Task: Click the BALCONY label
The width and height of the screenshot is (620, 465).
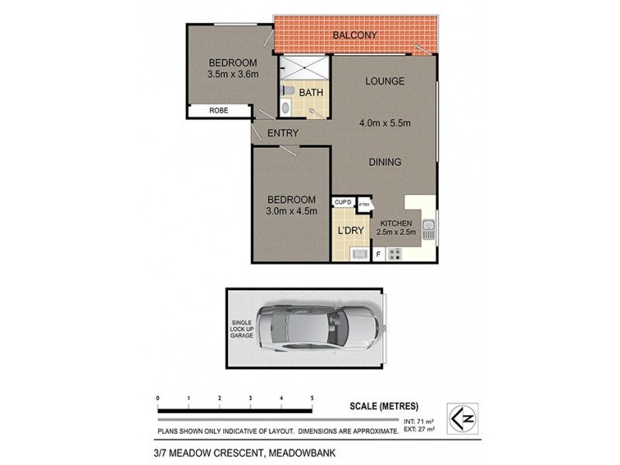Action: click(x=354, y=36)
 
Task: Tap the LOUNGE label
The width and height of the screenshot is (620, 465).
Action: click(x=385, y=81)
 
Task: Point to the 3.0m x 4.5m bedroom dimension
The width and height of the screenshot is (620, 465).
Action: click(x=292, y=211)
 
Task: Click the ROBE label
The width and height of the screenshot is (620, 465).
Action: click(x=219, y=111)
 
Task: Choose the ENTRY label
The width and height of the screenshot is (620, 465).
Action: click(x=282, y=133)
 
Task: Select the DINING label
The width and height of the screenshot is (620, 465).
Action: click(x=384, y=162)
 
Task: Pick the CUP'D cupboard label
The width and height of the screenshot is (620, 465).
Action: click(x=343, y=202)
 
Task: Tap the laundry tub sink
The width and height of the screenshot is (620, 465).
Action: click(x=359, y=253)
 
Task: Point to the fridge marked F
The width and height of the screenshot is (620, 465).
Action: click(x=379, y=254)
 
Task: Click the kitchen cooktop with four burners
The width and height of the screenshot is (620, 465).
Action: click(x=395, y=253)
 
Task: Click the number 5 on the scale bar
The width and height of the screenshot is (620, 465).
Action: click(x=312, y=398)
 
